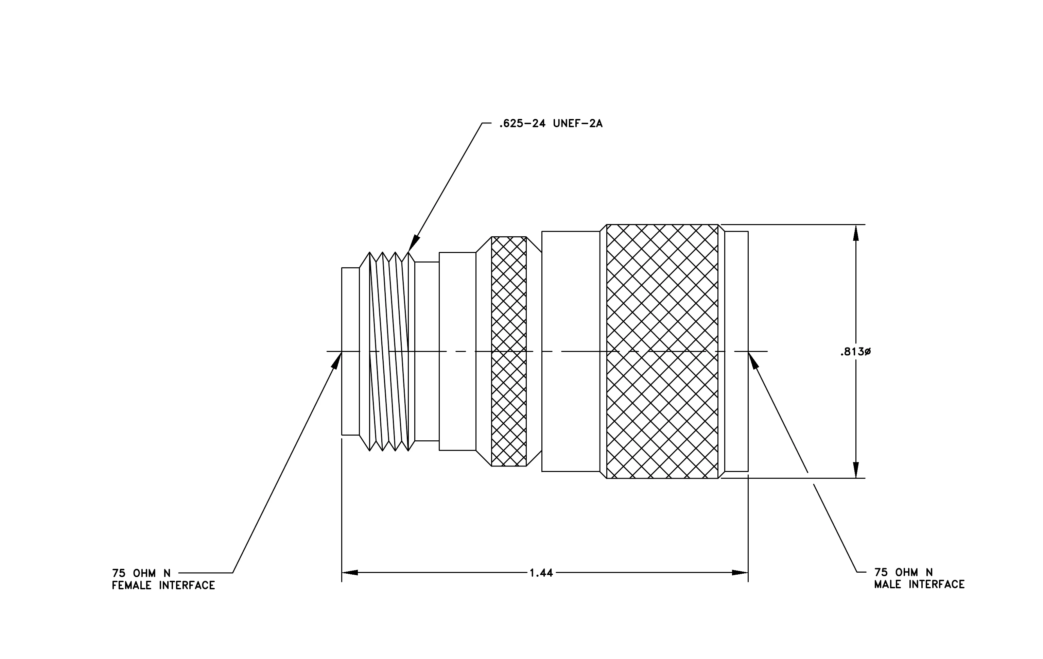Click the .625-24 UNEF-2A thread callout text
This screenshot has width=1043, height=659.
tap(551, 124)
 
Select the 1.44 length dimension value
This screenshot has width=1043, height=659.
tap(541, 573)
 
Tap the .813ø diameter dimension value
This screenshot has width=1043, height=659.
tap(855, 352)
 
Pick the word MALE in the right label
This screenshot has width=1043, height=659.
tap(888, 585)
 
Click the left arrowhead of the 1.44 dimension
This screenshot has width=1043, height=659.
tap(350, 573)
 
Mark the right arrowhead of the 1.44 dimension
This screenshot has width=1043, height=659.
tap(740, 573)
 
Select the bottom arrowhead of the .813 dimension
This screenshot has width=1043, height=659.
tap(855, 470)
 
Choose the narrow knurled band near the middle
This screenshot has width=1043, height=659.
tap(509, 351)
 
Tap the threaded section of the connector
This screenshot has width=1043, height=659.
tap(387, 351)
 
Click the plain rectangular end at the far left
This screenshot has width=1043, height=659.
tap(350, 351)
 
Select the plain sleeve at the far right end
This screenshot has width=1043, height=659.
tap(736, 351)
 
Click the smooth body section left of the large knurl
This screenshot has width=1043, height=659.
tap(571, 351)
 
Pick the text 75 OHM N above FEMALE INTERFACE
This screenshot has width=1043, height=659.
tap(141, 573)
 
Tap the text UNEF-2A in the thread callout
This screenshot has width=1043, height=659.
tap(578, 124)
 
